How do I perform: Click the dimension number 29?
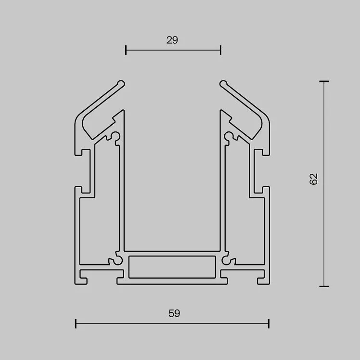coord(172,40)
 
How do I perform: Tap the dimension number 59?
coord(174,313)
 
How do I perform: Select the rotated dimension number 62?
coord(313,179)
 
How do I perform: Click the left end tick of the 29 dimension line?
coord(126,50)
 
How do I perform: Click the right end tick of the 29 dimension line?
coord(220,50)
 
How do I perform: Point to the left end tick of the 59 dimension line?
coord(76,323)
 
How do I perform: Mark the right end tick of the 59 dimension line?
coord(269,323)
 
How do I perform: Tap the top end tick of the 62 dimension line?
coord(324,81)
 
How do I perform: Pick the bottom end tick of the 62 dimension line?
coord(324,286)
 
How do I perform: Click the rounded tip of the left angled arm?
coord(121,84)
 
